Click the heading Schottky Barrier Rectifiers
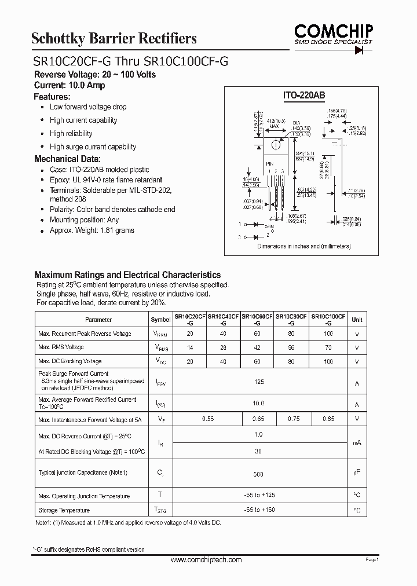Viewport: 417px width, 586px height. click(x=114, y=39)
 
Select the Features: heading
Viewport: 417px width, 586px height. click(x=52, y=97)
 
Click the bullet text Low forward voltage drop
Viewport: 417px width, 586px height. click(x=88, y=107)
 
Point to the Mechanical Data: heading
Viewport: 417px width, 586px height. click(x=67, y=159)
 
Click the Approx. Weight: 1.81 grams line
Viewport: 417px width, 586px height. click(x=92, y=230)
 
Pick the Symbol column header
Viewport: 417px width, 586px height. click(x=160, y=320)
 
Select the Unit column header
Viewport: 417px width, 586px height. click(x=357, y=320)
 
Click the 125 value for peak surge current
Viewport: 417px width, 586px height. click(x=259, y=382)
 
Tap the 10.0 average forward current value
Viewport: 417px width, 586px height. click(x=259, y=403)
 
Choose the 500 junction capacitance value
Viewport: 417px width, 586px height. click(x=259, y=474)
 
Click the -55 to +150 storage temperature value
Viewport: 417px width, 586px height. click(x=259, y=510)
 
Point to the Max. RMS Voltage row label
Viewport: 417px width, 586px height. click(x=61, y=347)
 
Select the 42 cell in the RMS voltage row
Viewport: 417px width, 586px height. click(x=259, y=347)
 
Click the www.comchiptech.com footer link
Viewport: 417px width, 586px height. click(x=207, y=560)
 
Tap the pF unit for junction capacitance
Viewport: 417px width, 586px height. click(x=357, y=473)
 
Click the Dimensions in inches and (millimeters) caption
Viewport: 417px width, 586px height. click(x=304, y=246)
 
